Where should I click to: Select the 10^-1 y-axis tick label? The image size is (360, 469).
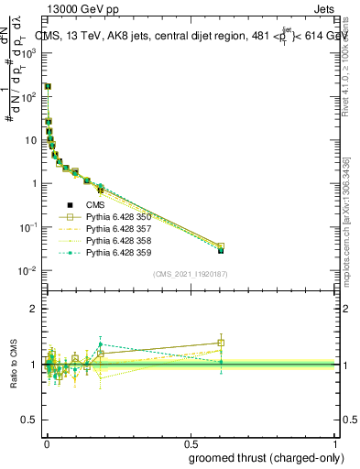[27, 227]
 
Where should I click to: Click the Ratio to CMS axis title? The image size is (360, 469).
[13, 365]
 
